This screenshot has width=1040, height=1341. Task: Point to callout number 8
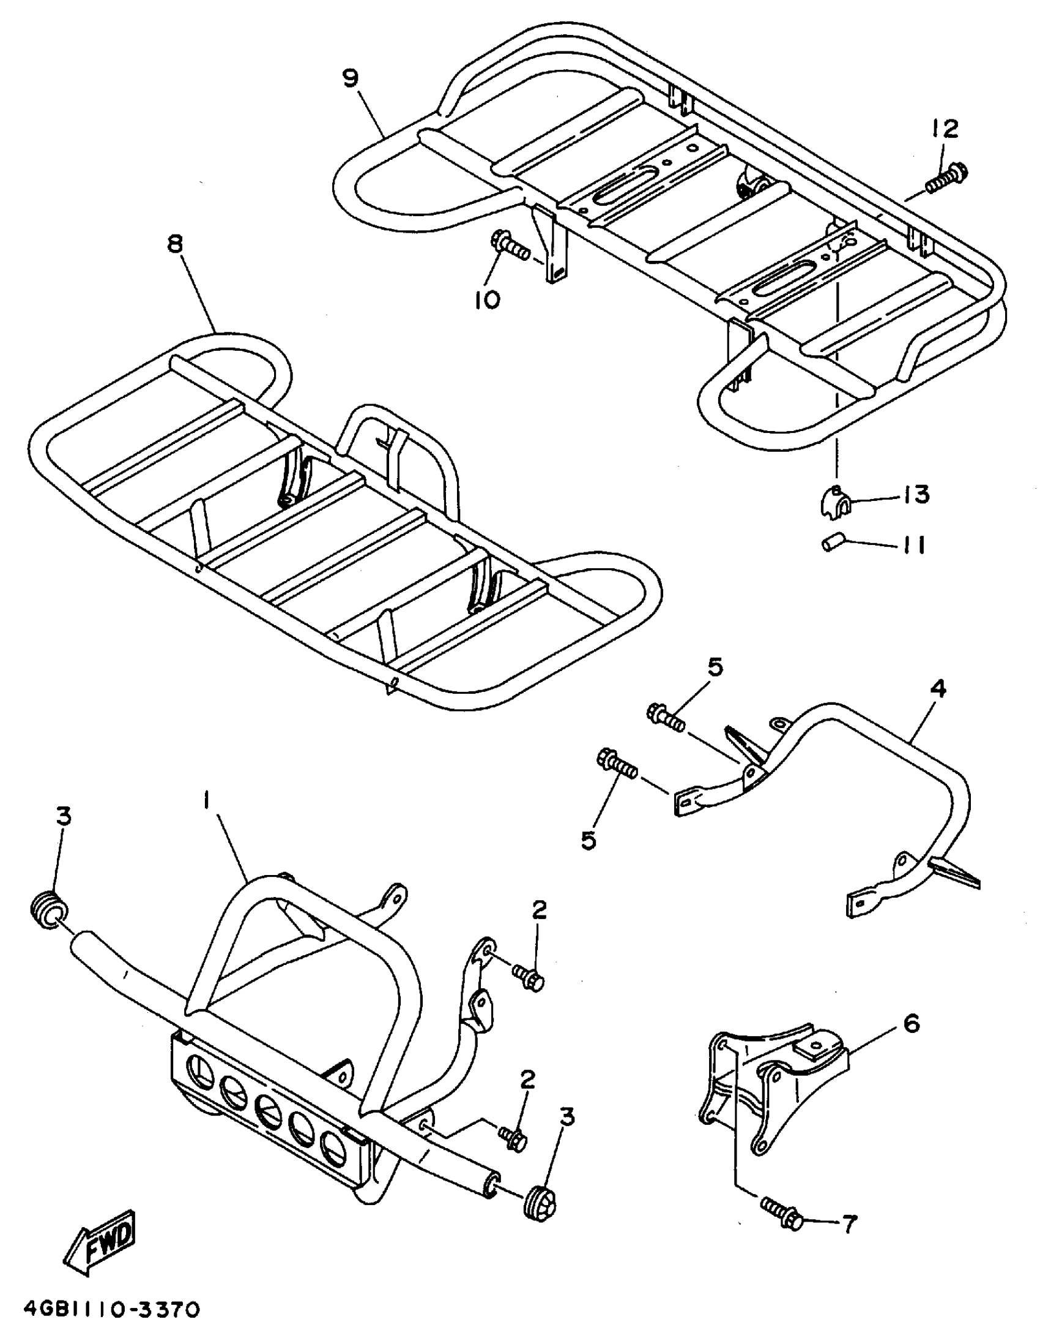click(175, 245)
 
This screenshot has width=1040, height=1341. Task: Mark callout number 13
click(916, 495)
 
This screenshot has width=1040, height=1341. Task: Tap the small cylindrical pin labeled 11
click(833, 543)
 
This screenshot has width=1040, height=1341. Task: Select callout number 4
click(938, 689)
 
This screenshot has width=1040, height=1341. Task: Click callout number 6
click(912, 1024)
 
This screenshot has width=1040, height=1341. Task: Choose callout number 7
click(849, 1224)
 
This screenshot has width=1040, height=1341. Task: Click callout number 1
click(207, 800)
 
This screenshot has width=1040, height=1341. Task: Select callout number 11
click(913, 545)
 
